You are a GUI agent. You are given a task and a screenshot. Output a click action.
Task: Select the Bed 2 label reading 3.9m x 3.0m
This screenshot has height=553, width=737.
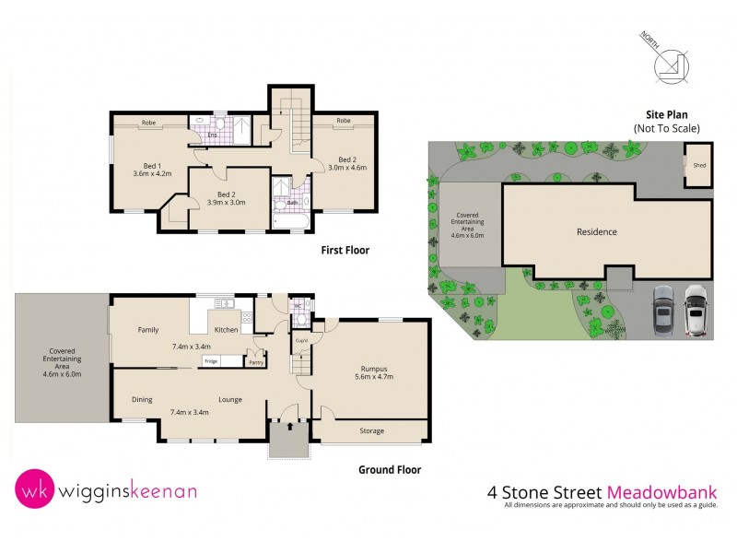click(226, 196)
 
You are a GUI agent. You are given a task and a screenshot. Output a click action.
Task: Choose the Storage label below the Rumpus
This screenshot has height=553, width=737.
click(371, 430)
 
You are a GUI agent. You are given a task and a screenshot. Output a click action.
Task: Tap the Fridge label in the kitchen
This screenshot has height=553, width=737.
click(211, 360)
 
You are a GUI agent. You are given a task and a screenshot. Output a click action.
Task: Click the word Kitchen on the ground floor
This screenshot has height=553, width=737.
click(227, 329)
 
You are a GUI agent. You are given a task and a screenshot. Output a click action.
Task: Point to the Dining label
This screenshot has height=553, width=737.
click(142, 399)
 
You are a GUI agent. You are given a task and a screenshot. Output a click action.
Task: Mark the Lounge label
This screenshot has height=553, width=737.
click(230, 399)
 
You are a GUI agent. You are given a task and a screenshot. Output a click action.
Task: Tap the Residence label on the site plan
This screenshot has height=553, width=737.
click(596, 232)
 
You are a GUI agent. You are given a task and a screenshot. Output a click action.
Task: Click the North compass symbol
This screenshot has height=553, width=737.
click(669, 65)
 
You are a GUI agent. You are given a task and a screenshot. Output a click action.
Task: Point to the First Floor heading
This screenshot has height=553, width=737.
click(345, 250)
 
